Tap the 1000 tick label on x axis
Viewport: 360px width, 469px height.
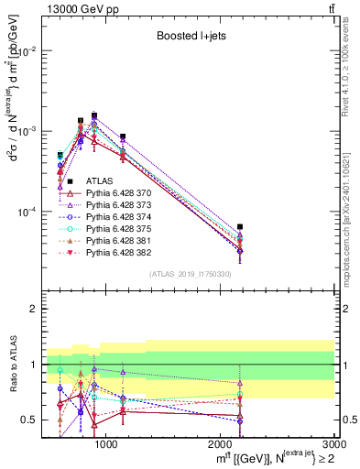[x=106, y=444]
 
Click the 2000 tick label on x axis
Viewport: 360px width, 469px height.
[x=220, y=444]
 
